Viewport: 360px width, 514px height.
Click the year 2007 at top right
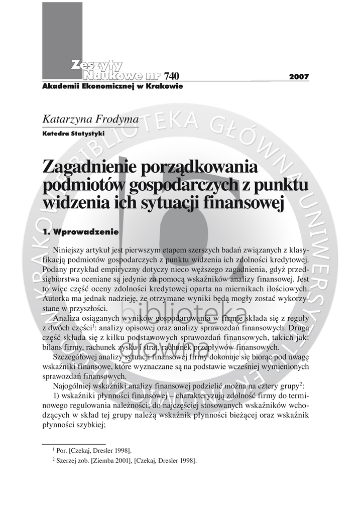(299, 77)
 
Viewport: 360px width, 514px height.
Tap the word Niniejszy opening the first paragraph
(69, 249)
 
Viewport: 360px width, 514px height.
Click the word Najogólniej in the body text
(73, 386)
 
